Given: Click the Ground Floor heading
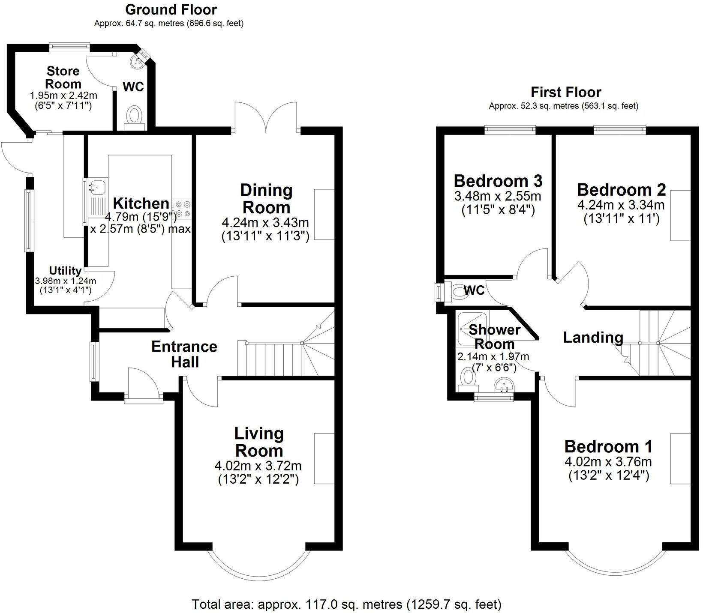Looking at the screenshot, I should [171, 9].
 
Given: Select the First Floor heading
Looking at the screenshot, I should [566, 92].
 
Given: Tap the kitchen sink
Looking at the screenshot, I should [97, 186].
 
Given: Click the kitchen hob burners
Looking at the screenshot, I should [183, 209].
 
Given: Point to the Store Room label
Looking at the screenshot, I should [63, 77].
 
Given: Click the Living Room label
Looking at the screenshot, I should [259, 442].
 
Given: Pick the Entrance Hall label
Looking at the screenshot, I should [184, 354].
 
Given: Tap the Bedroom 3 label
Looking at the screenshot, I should [498, 181].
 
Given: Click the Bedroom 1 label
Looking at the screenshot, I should [608, 446].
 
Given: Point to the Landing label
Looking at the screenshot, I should [593, 337].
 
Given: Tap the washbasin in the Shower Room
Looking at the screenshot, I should [505, 384].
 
